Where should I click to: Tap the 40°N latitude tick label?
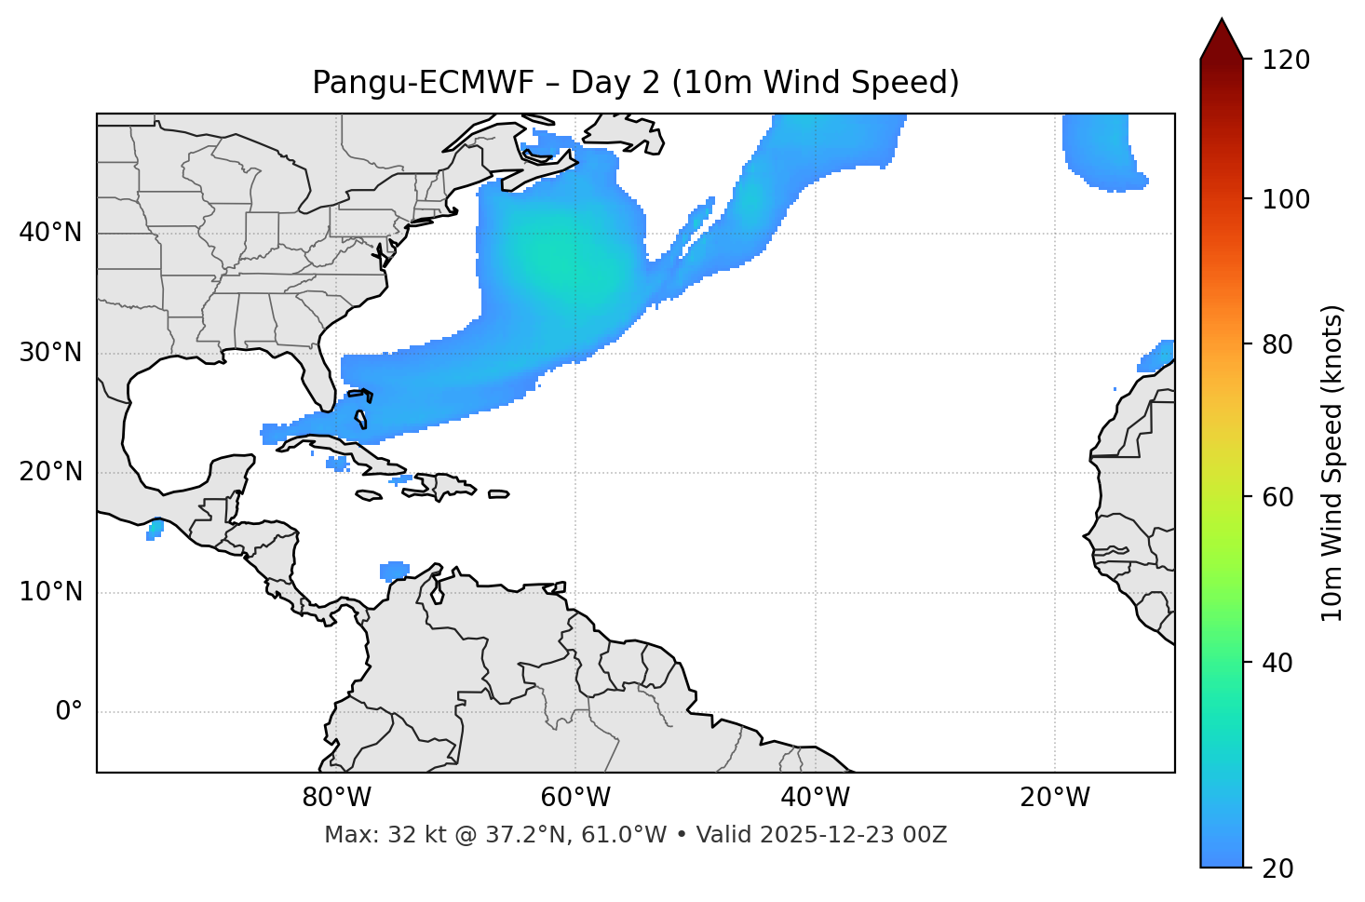pos(50,232)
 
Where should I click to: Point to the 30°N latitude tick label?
pos(50,352)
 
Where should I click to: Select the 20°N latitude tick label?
pos(50,472)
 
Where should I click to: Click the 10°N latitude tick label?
pos(50,592)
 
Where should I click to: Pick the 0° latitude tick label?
pos(69,712)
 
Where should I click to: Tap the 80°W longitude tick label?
pos(336,798)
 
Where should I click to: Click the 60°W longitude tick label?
pos(575,798)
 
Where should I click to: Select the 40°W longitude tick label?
pos(815,798)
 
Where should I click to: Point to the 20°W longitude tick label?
pos(1054,798)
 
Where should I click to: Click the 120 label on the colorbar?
pos(1286,61)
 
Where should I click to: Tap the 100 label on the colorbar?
pos(1286,199)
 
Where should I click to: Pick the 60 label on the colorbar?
pos(1279,497)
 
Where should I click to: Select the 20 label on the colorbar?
pos(1279,868)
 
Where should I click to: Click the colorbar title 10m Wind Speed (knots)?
pos(1332,463)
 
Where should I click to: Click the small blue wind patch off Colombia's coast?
pos(395,571)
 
